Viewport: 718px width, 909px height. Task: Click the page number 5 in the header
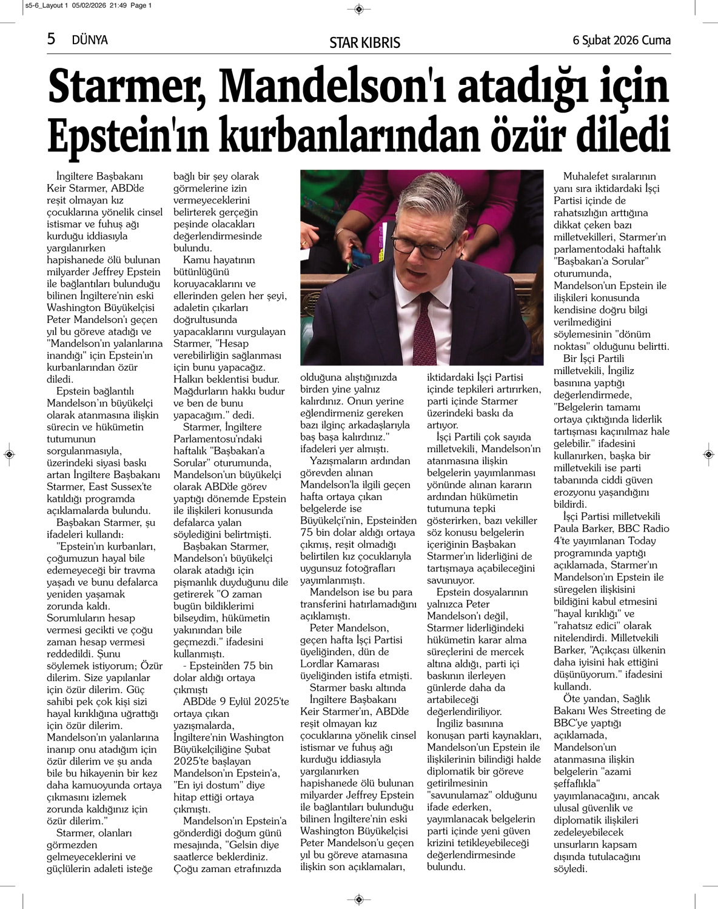pos(52,39)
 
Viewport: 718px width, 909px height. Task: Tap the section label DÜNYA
pos(89,40)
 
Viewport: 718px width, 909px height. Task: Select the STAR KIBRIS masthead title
pos(364,42)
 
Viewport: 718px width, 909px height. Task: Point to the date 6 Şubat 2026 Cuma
pos(622,40)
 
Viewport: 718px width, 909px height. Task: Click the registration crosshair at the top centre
pos(358,9)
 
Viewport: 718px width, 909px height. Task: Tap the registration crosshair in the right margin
pos(708,454)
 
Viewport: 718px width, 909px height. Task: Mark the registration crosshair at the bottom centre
pos(358,899)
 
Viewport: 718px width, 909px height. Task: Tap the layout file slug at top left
pos(89,5)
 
